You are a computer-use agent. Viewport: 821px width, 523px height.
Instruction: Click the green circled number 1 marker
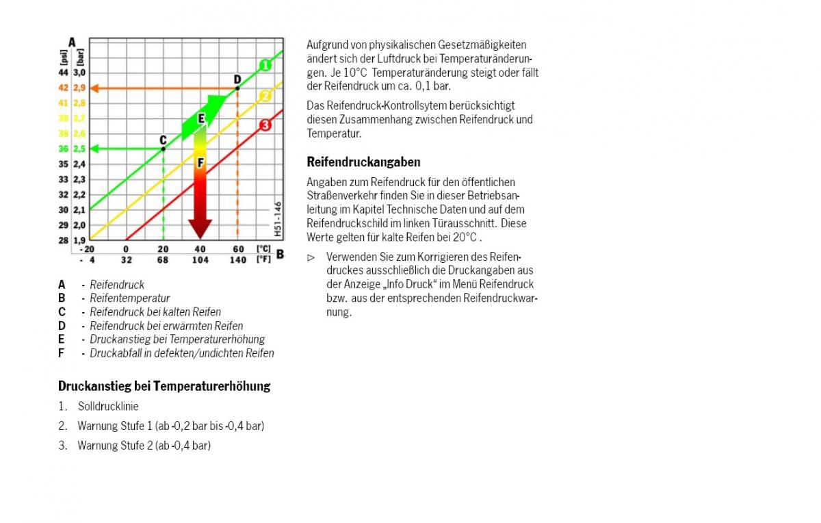point(265,65)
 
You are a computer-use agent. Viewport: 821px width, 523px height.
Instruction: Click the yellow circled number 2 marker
point(265,95)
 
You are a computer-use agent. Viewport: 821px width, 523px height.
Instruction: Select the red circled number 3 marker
point(265,125)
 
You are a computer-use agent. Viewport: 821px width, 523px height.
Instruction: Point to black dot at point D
point(237,88)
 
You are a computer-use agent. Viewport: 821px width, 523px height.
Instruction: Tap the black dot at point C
point(163,149)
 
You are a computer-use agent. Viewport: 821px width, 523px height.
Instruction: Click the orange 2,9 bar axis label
point(79,88)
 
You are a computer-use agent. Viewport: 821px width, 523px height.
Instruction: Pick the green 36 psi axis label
point(63,149)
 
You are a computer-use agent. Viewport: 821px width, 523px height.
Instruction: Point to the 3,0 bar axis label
point(79,73)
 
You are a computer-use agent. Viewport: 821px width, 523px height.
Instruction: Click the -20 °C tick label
point(87,248)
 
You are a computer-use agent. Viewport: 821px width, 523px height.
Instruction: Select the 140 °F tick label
point(237,260)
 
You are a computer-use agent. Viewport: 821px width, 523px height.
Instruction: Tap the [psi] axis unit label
point(64,55)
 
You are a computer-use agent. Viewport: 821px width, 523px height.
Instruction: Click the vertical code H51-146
point(278,218)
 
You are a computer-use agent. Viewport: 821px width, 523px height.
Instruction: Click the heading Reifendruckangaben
point(363,162)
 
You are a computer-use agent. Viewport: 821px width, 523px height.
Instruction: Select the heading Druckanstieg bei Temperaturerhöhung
point(164,386)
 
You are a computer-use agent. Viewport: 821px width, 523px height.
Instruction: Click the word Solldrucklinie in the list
point(108,407)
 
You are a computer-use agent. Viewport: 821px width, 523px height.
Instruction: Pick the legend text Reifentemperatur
point(130,298)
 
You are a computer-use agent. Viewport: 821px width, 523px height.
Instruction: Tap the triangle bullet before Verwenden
point(311,257)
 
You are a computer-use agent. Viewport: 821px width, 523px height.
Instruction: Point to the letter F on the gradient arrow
point(200,163)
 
